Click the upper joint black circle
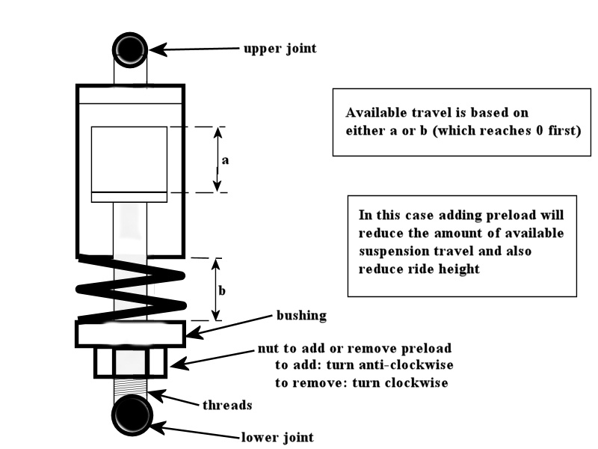[x=130, y=49]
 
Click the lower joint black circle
[x=131, y=416]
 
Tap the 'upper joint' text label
[x=280, y=49]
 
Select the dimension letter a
[x=226, y=159]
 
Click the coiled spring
[x=131, y=288]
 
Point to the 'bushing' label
[x=302, y=315]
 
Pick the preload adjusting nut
[x=131, y=364]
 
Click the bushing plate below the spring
[x=130, y=333]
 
